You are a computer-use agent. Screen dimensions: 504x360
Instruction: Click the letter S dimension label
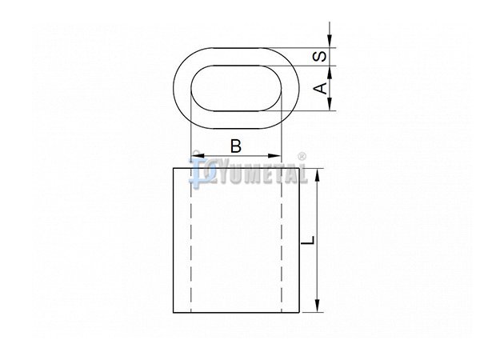[320, 57]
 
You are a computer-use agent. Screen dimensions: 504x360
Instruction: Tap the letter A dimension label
[320, 88]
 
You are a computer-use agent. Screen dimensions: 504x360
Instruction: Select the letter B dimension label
[236, 146]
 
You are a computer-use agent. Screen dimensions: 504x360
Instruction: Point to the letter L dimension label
[308, 241]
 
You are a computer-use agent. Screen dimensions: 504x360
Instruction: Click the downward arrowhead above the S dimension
[330, 41]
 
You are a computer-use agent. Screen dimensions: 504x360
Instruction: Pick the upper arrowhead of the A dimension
[330, 73]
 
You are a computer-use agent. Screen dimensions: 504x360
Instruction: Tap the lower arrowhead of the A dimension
[330, 104]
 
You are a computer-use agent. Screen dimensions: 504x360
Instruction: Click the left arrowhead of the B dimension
[198, 156]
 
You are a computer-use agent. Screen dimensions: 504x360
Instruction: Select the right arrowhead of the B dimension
[274, 156]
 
